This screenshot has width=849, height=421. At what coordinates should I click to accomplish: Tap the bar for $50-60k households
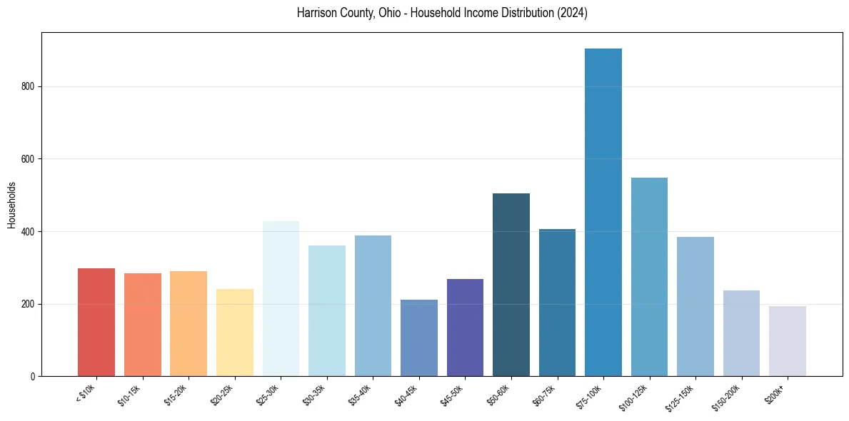(x=511, y=285)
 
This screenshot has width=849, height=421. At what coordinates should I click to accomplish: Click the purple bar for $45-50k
(x=465, y=328)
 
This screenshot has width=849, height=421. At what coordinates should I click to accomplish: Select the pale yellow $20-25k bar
(x=235, y=333)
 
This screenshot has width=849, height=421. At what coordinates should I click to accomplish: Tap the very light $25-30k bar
(x=281, y=299)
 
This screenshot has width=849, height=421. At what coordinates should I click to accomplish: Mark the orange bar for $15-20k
(x=189, y=324)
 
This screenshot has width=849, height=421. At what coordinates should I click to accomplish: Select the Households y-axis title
(x=12, y=204)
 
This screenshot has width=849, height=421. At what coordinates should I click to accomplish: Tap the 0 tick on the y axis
(x=34, y=376)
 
